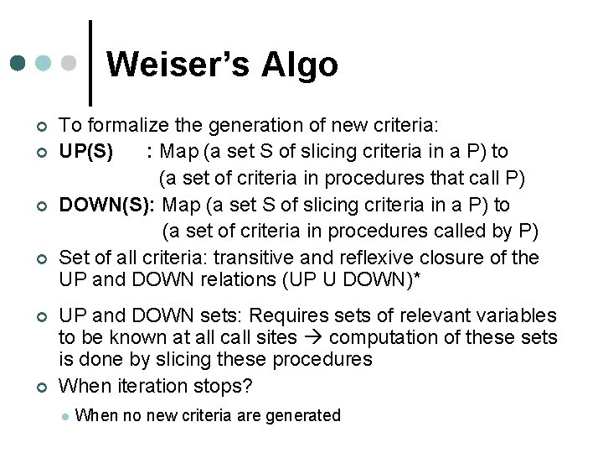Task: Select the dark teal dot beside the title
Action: tap(18, 63)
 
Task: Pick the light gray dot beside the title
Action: tap(71, 63)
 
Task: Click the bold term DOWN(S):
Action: tap(109, 206)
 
